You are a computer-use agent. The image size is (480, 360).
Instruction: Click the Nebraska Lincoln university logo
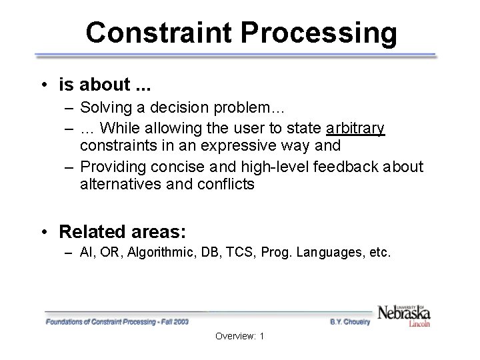(x=404, y=314)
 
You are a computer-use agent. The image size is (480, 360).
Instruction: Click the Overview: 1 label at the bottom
(x=239, y=336)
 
